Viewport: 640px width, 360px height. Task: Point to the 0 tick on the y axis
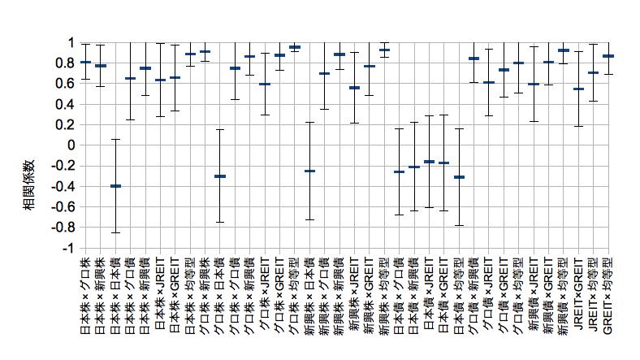click(71, 145)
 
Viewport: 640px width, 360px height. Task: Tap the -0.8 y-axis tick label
click(64, 228)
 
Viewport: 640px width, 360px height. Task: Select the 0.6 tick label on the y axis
click(66, 83)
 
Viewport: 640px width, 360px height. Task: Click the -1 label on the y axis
click(69, 248)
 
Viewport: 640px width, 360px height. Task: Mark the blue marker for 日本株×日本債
click(115, 186)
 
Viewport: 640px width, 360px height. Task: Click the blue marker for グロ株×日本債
click(220, 176)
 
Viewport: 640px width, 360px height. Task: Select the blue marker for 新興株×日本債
click(309, 171)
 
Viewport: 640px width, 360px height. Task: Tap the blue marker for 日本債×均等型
click(459, 176)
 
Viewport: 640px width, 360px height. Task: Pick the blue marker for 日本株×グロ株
click(85, 62)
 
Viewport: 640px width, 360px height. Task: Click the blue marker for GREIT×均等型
click(608, 56)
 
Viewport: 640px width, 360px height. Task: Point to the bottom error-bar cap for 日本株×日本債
click(115, 232)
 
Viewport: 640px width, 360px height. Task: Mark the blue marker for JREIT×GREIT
click(578, 89)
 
